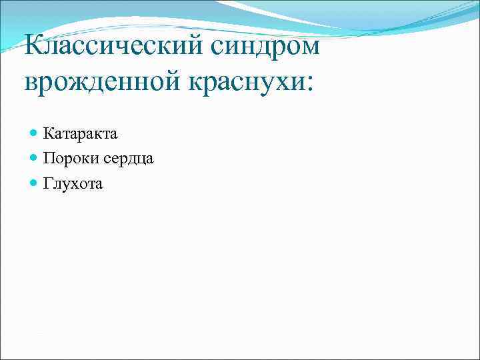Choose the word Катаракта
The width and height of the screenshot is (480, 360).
tap(80, 133)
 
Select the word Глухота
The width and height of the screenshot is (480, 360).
tap(73, 183)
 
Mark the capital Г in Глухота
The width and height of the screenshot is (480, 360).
tap(48, 183)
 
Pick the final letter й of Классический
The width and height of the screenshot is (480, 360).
tap(202, 47)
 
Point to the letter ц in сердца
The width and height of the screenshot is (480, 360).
tap(139, 160)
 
